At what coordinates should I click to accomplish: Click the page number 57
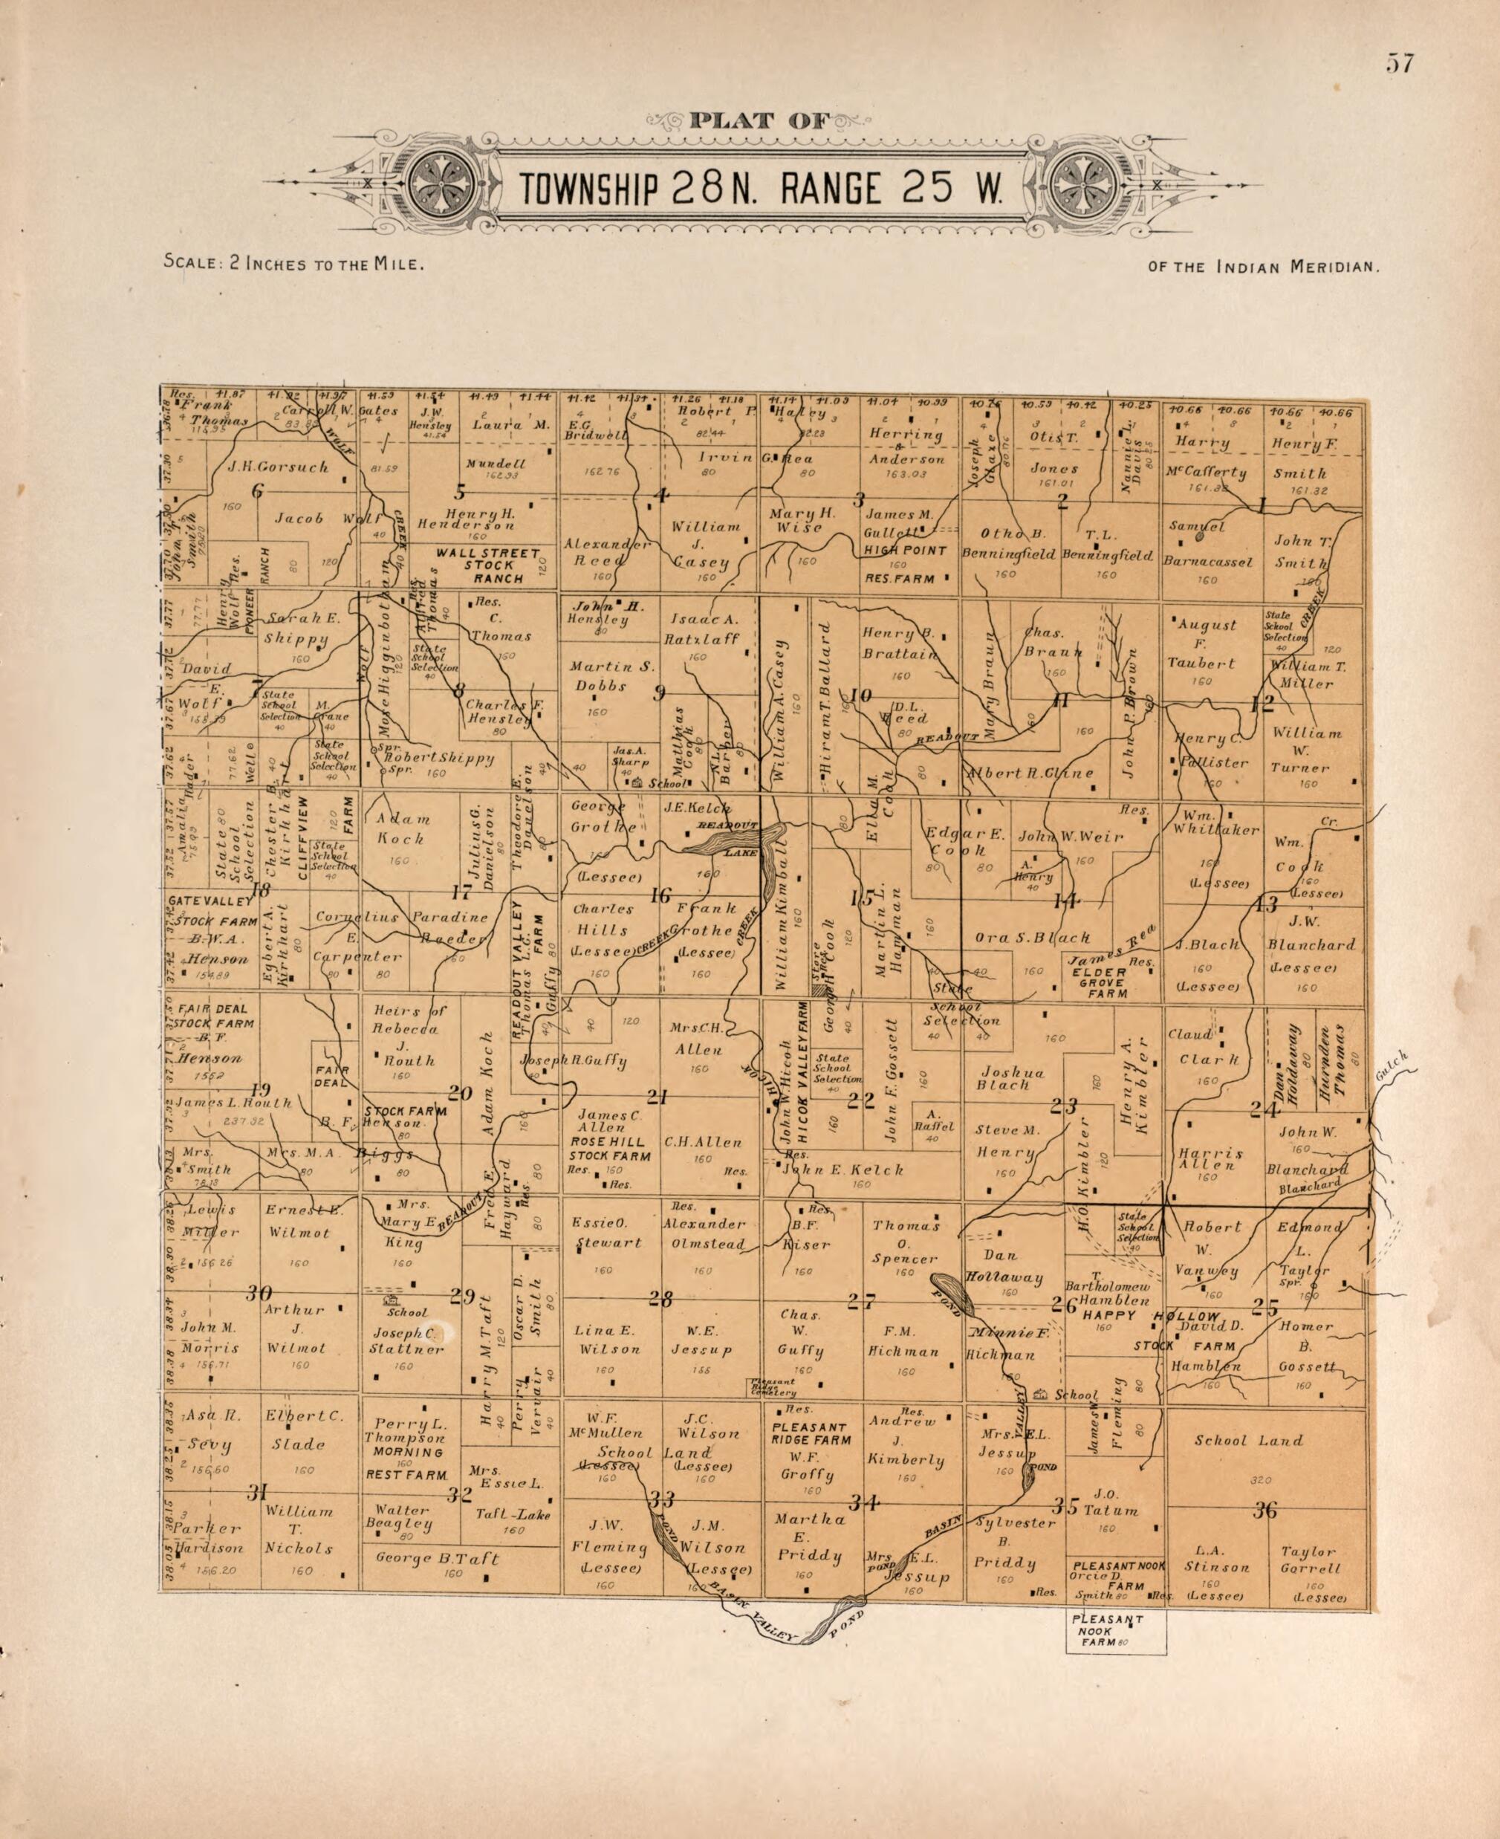[1400, 64]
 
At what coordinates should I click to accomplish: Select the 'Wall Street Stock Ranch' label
[487, 565]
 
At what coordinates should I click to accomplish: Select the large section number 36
[1265, 1510]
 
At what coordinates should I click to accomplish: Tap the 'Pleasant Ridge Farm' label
[811, 1434]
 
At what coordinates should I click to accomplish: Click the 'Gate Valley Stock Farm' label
[212, 911]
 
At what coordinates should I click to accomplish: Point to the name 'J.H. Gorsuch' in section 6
[278, 467]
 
